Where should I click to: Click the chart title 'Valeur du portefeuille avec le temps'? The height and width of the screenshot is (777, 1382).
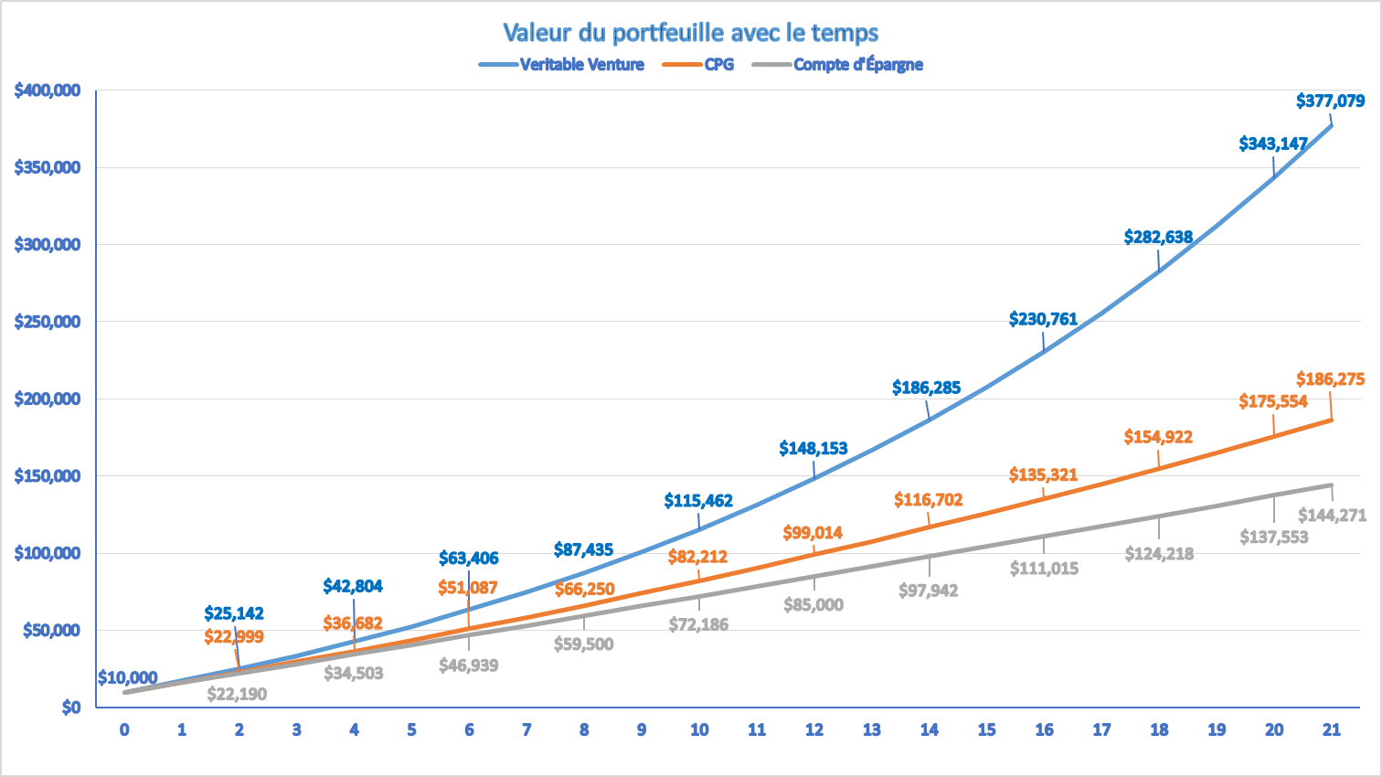click(x=690, y=33)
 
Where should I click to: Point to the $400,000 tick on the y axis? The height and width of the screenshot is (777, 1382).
click(x=48, y=90)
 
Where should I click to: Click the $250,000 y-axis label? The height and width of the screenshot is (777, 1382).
click(x=48, y=322)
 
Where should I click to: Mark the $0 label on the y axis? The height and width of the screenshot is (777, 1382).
click(x=70, y=708)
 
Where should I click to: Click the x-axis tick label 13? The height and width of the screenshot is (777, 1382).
click(x=872, y=729)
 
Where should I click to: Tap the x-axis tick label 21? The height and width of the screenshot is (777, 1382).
click(x=1332, y=729)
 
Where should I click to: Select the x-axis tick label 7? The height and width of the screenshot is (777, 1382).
click(x=526, y=729)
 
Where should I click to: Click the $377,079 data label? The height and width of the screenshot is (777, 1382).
click(x=1330, y=101)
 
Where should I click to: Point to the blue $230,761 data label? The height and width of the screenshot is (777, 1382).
click(x=1043, y=319)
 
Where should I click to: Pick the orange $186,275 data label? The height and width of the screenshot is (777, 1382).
click(x=1330, y=378)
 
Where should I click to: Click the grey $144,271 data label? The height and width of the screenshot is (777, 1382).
click(x=1332, y=516)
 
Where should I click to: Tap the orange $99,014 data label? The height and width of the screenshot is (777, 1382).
click(x=813, y=533)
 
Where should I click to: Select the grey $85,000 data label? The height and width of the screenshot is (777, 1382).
click(x=813, y=605)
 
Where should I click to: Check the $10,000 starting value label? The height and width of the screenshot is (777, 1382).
click(x=128, y=677)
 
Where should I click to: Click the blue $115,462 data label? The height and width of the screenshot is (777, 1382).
click(x=698, y=501)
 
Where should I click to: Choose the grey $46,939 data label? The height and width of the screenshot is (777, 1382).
click(x=468, y=665)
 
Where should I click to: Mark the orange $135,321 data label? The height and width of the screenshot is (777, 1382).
click(x=1043, y=475)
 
